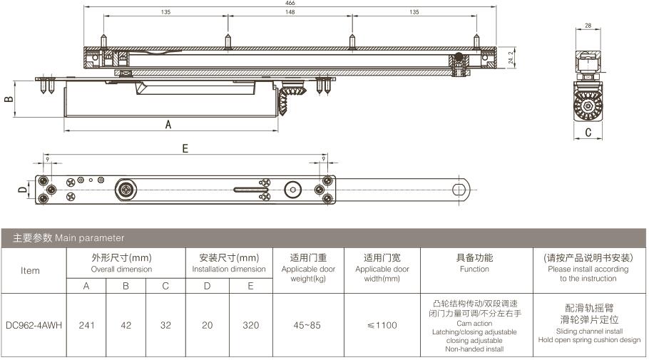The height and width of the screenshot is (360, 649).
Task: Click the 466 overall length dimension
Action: [x=290, y=3]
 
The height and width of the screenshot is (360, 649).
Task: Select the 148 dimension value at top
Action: [x=290, y=12]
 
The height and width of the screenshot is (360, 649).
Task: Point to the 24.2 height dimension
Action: [x=511, y=58]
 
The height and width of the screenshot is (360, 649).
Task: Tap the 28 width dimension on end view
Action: [x=588, y=25]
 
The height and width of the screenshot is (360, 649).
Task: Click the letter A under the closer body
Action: [x=168, y=125]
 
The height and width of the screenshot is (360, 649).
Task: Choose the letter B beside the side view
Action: [x=9, y=99]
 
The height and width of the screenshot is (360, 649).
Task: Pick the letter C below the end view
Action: [x=588, y=133]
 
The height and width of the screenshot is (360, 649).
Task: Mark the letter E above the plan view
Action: [x=185, y=148]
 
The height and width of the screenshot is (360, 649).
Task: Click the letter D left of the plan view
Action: [x=22, y=190]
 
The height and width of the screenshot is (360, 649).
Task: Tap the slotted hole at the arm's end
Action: [x=459, y=190]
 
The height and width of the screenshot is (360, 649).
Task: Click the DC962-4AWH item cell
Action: [x=34, y=325]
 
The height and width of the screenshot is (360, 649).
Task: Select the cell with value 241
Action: [x=86, y=325]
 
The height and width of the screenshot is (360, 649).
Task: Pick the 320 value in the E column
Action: [x=251, y=325]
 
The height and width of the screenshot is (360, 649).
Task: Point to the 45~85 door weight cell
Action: [x=307, y=325]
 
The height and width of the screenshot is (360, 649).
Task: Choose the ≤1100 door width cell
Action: [x=382, y=325]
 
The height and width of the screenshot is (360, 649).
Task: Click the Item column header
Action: [x=30, y=271]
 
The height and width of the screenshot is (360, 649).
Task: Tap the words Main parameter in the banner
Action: [x=89, y=238]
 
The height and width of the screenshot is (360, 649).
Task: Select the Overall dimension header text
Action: [x=121, y=269]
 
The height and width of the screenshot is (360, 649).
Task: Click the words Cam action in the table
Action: [x=474, y=323]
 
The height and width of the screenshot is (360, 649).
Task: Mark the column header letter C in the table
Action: [x=165, y=286]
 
